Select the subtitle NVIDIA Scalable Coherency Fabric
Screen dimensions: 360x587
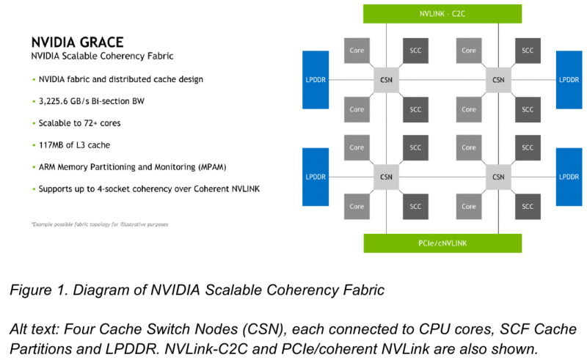tap(102, 56)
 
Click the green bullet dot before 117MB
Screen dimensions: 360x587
tap(33, 144)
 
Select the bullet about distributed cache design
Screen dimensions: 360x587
tap(121, 78)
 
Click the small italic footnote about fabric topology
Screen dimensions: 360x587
tap(99, 224)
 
